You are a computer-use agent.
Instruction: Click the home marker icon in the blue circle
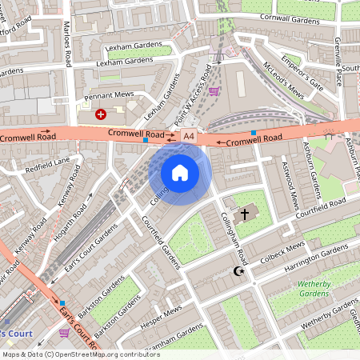click(x=180, y=172)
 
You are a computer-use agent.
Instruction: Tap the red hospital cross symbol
click(x=101, y=114)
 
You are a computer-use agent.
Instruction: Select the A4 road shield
click(x=189, y=138)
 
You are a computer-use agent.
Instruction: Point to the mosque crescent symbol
click(x=237, y=272)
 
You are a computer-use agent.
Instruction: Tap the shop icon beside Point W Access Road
click(x=214, y=91)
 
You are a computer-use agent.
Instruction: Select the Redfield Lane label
click(x=48, y=165)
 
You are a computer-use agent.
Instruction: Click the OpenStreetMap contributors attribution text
click(x=80, y=354)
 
